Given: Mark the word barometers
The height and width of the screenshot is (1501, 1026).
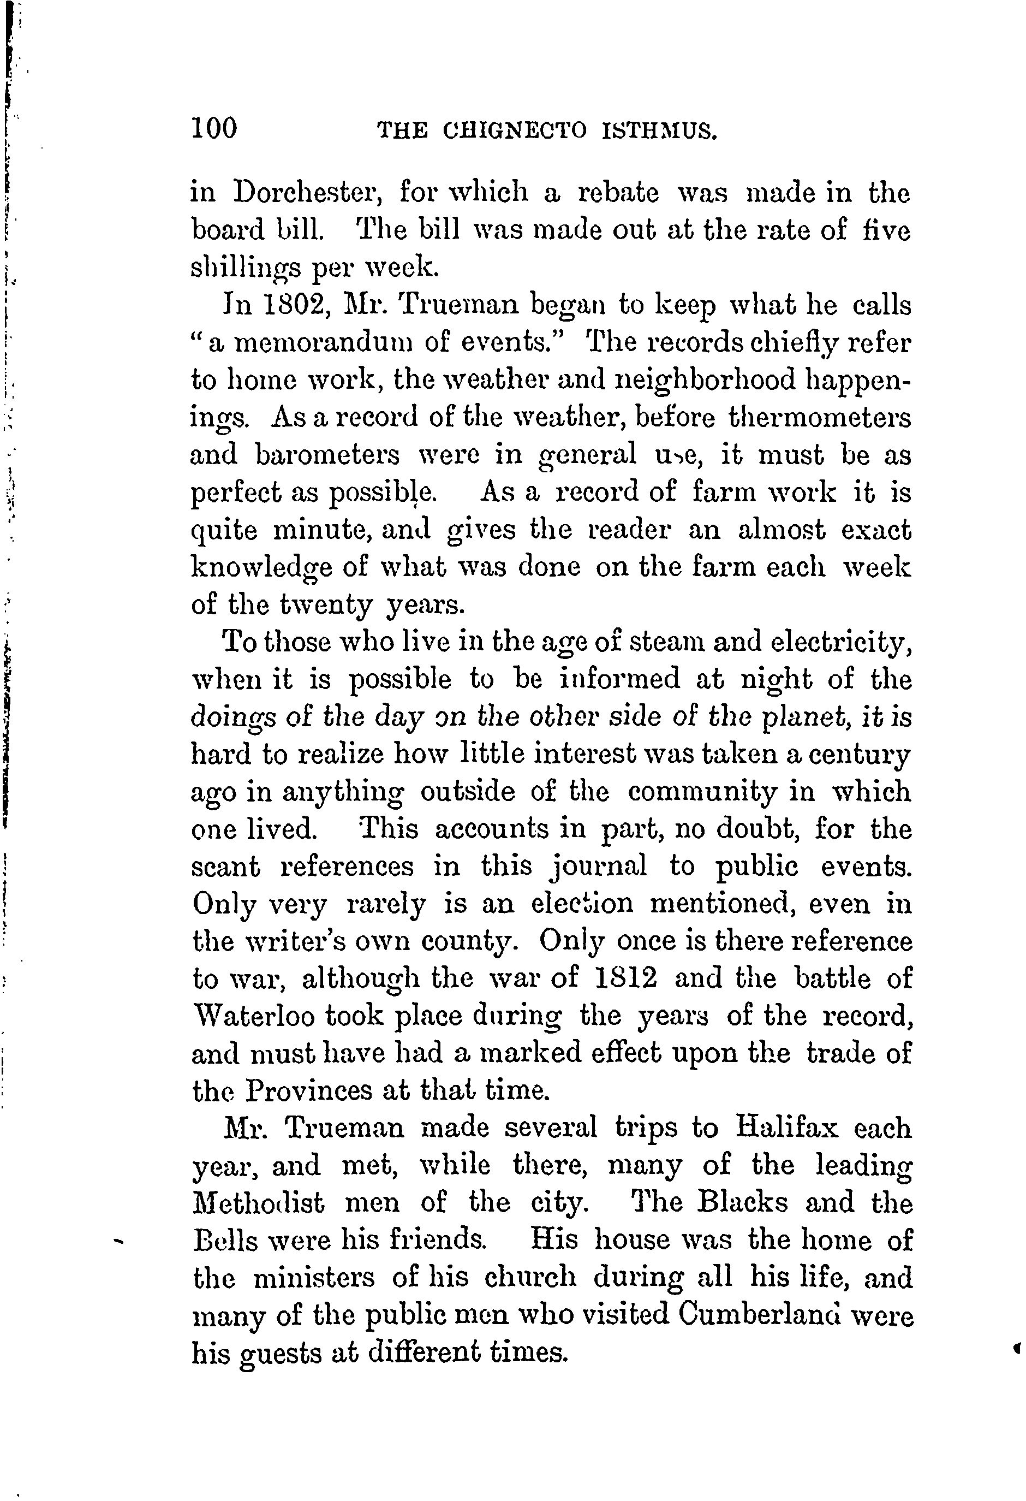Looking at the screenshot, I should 327,455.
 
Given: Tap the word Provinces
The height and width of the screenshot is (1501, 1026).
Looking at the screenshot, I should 306,1091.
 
